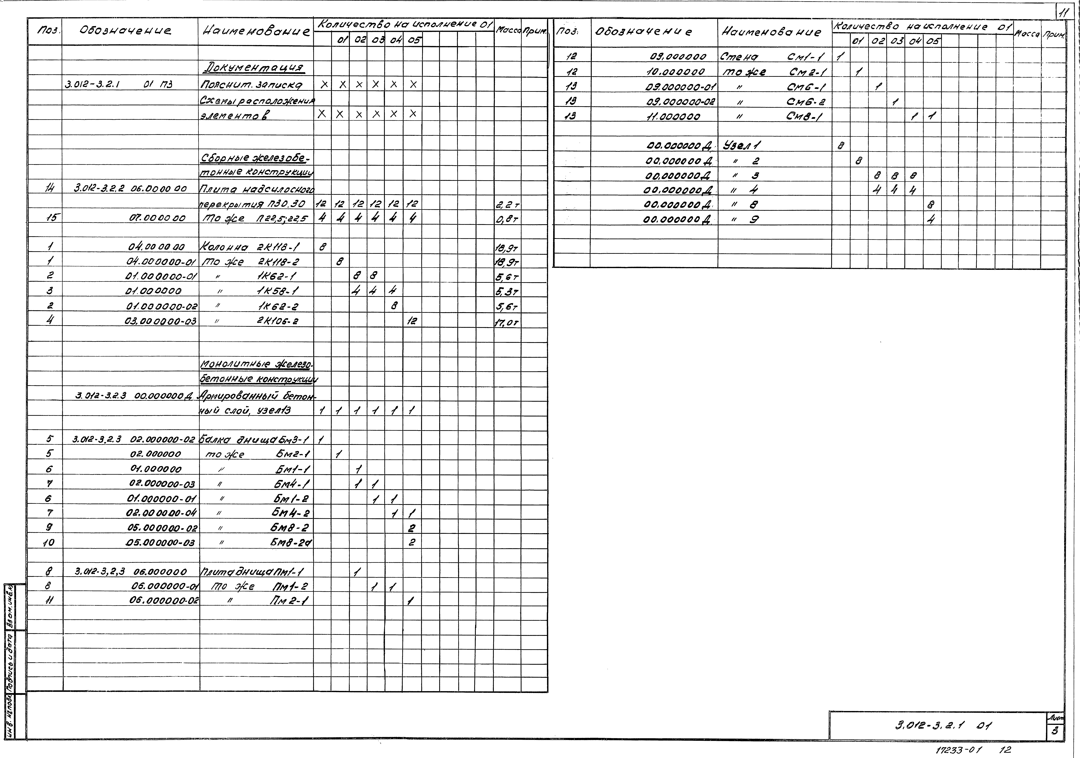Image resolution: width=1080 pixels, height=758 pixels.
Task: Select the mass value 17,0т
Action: pos(506,323)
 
